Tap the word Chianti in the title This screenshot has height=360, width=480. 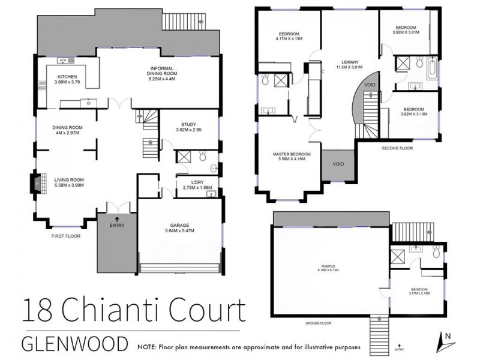coord(110,314)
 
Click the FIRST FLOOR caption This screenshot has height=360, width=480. coord(67,236)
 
